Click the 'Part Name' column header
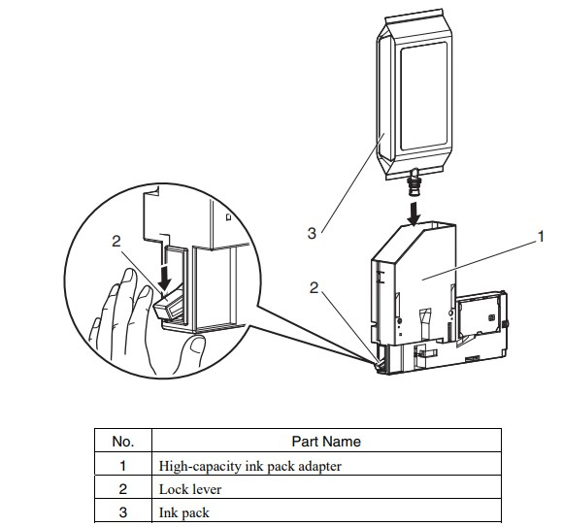pos(326,442)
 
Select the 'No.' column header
pos(123,442)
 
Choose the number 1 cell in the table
pos(123,466)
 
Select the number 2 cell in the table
pos(123,489)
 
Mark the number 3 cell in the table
pos(123,511)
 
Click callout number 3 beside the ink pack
pos(312,233)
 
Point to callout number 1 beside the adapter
pos(541,237)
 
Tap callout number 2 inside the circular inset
pos(116,242)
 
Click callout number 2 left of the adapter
pos(314,287)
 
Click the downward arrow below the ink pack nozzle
pos(414,214)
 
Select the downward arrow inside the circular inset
pos(164,276)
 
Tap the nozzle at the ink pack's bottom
pos(414,182)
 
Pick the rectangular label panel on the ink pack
pos(423,96)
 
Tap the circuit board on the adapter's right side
pos(480,315)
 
